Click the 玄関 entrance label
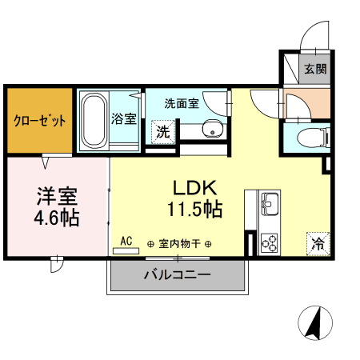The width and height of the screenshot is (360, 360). pos(315,69)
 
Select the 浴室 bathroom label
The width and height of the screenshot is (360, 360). pos(124,120)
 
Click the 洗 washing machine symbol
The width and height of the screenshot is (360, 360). pos(163,132)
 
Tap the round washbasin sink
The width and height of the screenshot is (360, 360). pos(212,129)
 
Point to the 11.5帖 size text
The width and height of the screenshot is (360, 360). pos(195,210)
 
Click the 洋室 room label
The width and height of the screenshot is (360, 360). pos(57,195)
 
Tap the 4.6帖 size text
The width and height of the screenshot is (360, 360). pos(57,217)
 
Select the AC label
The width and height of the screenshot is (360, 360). pos(126,240)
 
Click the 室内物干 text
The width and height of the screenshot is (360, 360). pos(179,244)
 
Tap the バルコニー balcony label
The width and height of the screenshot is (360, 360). pos(177,275)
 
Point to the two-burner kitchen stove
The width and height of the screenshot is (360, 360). pos(269,242)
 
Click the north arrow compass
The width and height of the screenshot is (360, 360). pos(314,323)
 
